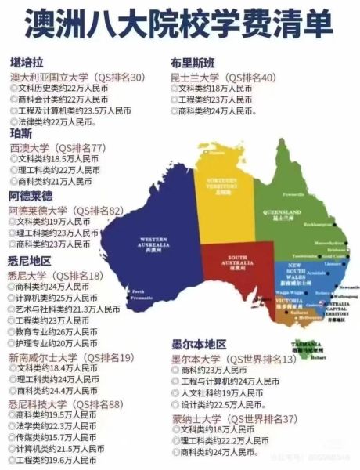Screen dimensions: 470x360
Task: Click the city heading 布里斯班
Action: (193, 63)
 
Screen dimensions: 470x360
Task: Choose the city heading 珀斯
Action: (20, 134)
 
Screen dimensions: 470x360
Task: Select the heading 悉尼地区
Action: (30, 260)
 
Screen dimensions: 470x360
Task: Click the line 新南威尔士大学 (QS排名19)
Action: (70, 357)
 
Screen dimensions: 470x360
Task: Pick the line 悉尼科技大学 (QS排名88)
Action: (66, 403)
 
